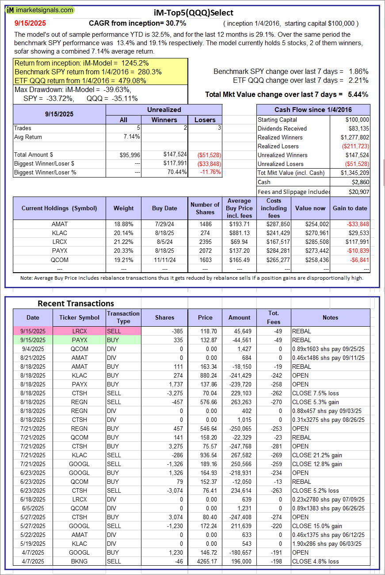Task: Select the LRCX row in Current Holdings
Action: [x=59, y=242]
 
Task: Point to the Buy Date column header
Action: [x=165, y=208]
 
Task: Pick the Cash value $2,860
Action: [x=361, y=182]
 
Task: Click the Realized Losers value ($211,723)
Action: [x=355, y=147]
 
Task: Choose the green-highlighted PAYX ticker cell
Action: [x=80, y=340]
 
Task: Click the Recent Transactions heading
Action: [x=76, y=304]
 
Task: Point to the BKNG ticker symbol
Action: [x=80, y=561]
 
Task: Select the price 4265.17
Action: [x=205, y=561]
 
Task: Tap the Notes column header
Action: [x=330, y=317]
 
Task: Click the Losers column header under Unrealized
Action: [x=205, y=120]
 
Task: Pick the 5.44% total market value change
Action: [x=359, y=94]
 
